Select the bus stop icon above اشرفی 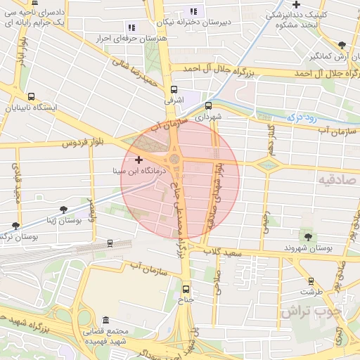174,89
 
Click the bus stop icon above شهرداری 208,104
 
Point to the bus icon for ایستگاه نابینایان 31,96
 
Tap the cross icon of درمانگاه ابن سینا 139,160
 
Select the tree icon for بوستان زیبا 64,209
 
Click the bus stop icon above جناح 186,288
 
